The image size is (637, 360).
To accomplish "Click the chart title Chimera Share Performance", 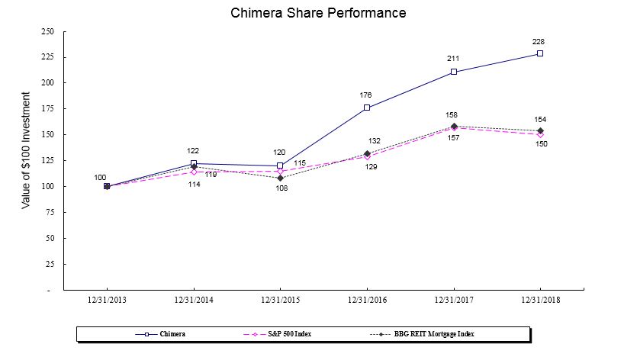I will pos(318,13).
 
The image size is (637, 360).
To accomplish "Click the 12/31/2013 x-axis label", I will pos(107,301).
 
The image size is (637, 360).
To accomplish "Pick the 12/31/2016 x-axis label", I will pos(367,301).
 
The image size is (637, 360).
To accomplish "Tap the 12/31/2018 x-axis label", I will pos(540,301).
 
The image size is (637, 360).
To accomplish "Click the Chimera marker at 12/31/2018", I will pos(540,53).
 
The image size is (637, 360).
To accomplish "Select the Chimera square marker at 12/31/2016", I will pos(367,108).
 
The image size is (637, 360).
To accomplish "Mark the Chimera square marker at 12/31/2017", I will pos(454,72).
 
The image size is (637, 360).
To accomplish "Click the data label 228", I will pos(539,41).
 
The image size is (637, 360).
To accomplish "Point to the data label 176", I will pos(366,95).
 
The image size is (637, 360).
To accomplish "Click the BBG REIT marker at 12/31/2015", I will pos(280,178).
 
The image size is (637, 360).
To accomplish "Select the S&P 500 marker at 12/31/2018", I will pos(540,134).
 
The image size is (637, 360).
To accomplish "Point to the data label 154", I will pos(539,119).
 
